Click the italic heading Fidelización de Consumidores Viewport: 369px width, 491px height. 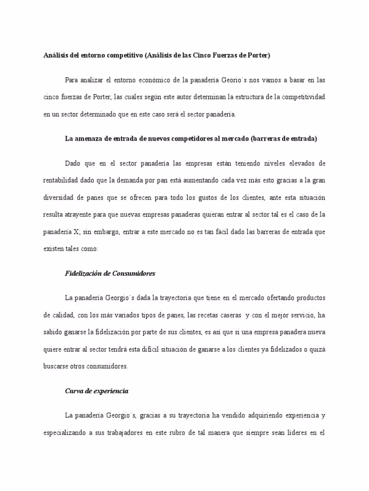(x=110, y=273)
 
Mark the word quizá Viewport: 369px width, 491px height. (x=317, y=350)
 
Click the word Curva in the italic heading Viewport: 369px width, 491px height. (x=74, y=391)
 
